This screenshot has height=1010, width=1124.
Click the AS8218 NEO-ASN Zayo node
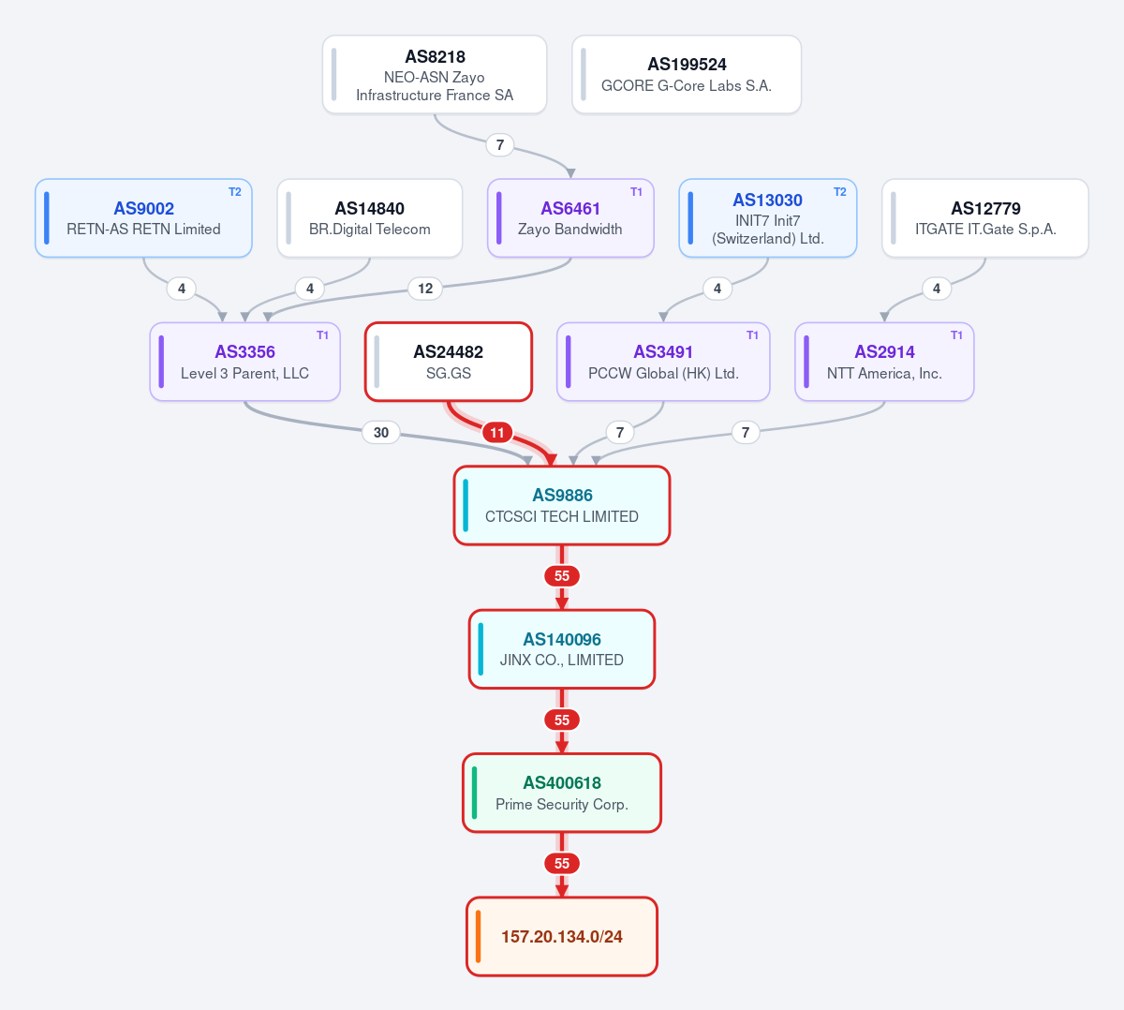pyautogui.click(x=435, y=75)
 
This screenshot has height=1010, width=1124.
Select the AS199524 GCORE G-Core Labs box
pyautogui.click(x=687, y=75)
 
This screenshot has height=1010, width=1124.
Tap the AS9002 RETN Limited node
pyautogui.click(x=143, y=218)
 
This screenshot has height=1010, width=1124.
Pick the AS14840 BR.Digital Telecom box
pyautogui.click(x=369, y=218)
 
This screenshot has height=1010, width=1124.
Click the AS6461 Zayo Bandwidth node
pyautogui.click(x=570, y=218)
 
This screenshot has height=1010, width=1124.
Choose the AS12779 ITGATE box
pyautogui.click(x=985, y=218)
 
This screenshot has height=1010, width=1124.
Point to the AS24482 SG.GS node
pyautogui.click(x=449, y=362)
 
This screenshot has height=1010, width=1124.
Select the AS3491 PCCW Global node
pyautogui.click(x=663, y=362)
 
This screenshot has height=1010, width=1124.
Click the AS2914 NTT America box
pyautogui.click(x=884, y=362)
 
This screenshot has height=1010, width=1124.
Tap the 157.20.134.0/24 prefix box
pyautogui.click(x=562, y=937)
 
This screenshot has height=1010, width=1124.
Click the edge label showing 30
pyautogui.click(x=381, y=432)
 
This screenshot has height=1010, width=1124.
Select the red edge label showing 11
pyautogui.click(x=497, y=432)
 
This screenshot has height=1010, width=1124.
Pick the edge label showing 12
pyautogui.click(x=425, y=289)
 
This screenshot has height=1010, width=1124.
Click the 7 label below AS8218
pyautogui.click(x=500, y=145)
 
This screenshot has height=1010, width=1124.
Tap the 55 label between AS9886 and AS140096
pyautogui.click(x=562, y=576)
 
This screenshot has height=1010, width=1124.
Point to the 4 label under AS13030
pyautogui.click(x=717, y=289)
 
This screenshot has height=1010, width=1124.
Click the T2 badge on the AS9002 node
pyautogui.click(x=235, y=192)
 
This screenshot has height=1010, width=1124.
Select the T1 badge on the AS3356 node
pyautogui.click(x=322, y=335)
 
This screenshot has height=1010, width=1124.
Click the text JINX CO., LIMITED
pyautogui.click(x=562, y=660)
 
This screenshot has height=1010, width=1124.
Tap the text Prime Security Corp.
pyautogui.click(x=562, y=804)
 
